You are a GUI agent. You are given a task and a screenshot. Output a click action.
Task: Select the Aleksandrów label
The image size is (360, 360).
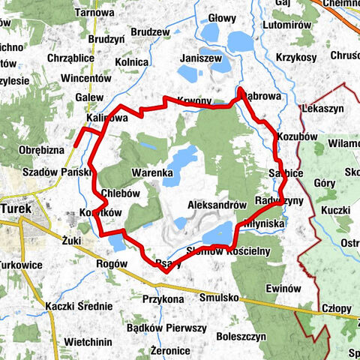(x=217, y=204)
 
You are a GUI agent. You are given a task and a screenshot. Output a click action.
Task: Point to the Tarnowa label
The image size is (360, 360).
(x=94, y=13)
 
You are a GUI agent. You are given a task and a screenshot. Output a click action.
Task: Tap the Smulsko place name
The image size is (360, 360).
(x=219, y=298)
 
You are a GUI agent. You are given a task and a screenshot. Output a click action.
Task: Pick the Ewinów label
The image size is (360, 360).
(x=283, y=289)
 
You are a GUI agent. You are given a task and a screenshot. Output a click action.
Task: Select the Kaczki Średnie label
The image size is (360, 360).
(x=78, y=306)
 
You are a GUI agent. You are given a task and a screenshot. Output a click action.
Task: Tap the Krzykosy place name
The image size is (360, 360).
(x=295, y=58)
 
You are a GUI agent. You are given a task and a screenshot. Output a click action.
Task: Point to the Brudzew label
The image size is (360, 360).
(x=150, y=32)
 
